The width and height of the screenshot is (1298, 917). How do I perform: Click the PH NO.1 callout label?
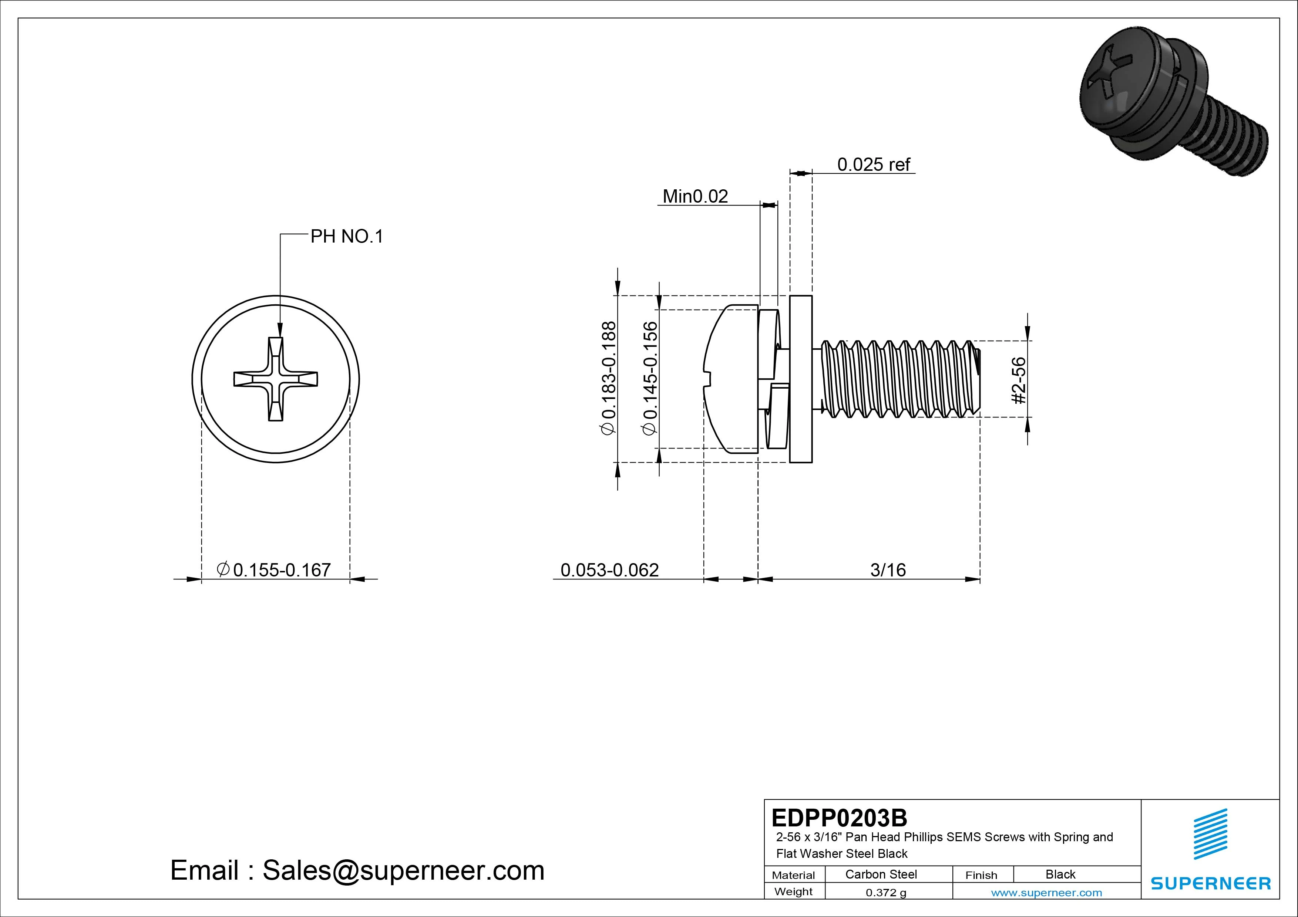tap(347, 236)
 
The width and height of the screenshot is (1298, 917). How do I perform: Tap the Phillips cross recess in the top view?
tap(276, 379)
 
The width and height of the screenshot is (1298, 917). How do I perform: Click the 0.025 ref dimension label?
tap(874, 165)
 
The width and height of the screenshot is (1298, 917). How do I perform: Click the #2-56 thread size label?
tap(1018, 380)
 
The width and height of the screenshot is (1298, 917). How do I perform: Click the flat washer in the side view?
tap(800, 379)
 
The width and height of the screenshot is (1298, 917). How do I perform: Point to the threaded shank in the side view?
tap(899, 379)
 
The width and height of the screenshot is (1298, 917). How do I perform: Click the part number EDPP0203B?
tap(839, 818)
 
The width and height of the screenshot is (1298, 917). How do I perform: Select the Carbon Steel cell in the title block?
tap(881, 874)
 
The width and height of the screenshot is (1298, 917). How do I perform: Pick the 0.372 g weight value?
tap(886, 893)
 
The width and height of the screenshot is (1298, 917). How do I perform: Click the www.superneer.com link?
tap(1046, 893)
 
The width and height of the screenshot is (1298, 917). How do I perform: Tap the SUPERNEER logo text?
tap(1210, 883)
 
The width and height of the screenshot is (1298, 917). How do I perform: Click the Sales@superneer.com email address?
tap(403, 870)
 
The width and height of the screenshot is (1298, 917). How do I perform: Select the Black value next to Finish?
tap(1060, 874)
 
